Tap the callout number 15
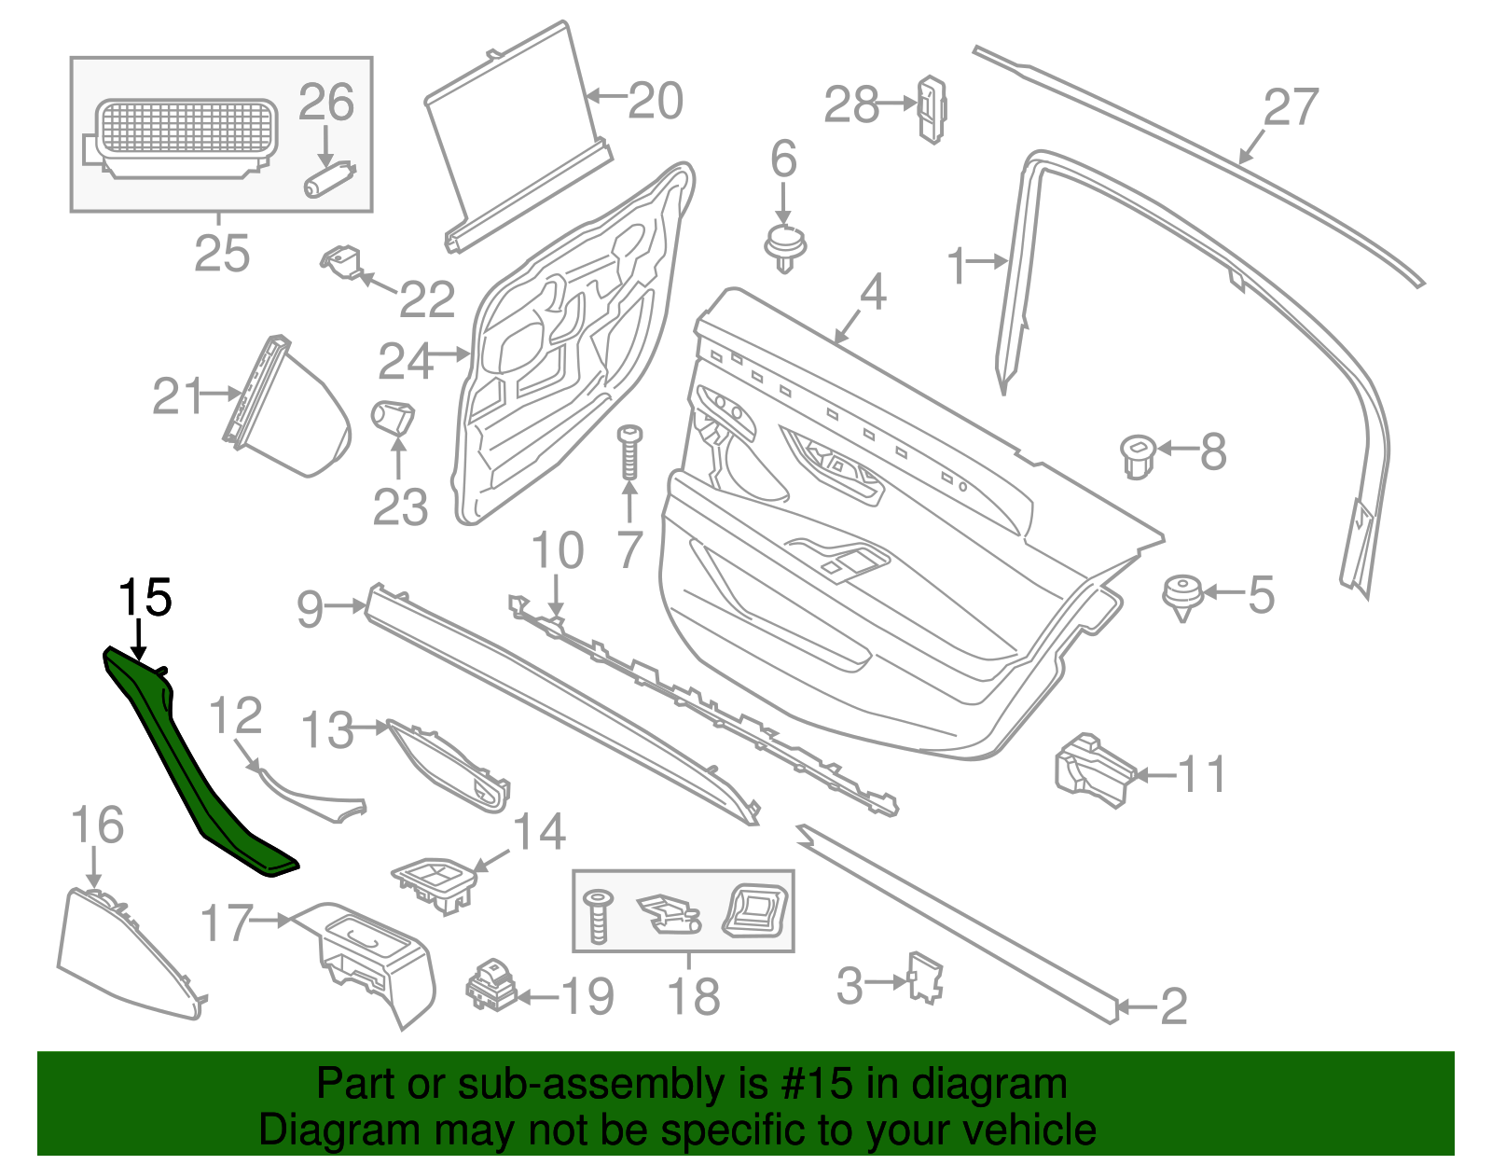[x=145, y=598]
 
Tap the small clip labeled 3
[x=925, y=978]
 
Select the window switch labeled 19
[x=491, y=986]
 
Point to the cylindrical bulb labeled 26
[x=329, y=178]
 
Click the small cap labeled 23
[x=394, y=416]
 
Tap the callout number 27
[x=1292, y=108]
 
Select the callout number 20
[x=656, y=101]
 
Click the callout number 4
[x=872, y=293]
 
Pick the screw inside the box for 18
[x=597, y=915]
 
